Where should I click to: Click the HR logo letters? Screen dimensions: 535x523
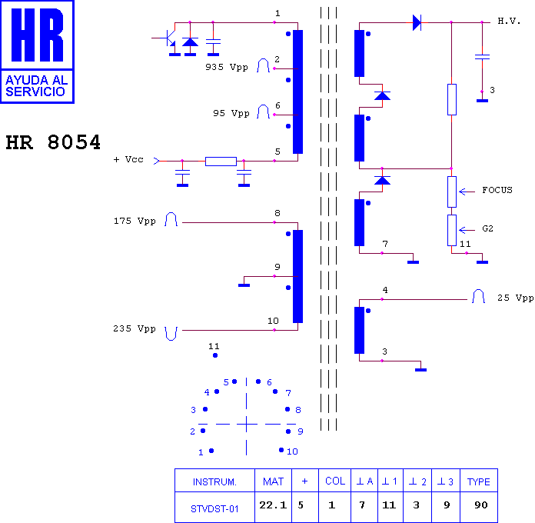tap(37, 35)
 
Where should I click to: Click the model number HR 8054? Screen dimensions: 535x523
tap(53, 142)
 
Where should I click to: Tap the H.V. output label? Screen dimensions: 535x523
tap(509, 22)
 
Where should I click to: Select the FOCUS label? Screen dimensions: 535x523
tap(497, 190)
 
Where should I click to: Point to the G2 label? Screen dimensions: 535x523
tap(487, 228)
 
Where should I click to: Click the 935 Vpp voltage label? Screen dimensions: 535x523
tap(227, 67)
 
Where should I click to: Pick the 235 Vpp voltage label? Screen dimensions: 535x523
tap(135, 328)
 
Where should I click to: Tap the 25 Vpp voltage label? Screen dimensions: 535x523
tap(515, 298)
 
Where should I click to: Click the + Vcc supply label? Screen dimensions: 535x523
tap(128, 159)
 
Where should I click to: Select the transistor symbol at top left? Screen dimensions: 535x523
tap(168, 38)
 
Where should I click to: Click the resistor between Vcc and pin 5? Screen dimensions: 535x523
tap(221, 162)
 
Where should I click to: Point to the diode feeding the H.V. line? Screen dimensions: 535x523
tap(417, 22)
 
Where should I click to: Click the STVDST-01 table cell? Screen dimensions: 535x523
tap(214, 509)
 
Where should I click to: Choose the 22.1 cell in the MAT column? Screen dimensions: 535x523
tap(273, 505)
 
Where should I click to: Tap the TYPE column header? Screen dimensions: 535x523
tap(479, 481)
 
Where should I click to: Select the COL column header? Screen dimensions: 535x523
tap(335, 481)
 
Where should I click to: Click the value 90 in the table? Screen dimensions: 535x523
tap(481, 505)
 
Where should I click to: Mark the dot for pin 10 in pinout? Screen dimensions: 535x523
tap(281, 450)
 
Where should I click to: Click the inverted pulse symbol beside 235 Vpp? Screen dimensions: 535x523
tap(171, 334)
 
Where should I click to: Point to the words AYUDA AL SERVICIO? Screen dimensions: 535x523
tap(36, 86)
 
